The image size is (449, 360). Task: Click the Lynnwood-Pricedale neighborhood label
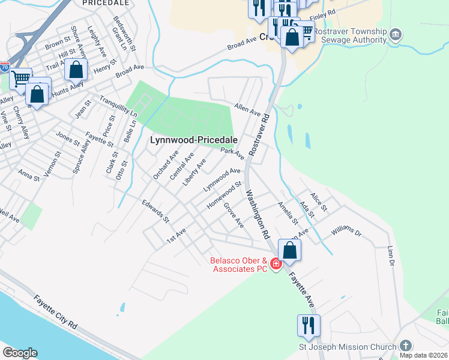tap(193, 139)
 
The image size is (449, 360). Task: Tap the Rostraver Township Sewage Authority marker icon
tap(396, 32)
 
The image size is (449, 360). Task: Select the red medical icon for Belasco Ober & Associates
tap(276, 263)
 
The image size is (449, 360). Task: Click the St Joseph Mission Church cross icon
tap(406, 346)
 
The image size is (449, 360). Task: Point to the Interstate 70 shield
tap(4, 67)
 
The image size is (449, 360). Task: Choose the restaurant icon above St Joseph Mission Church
tap(309, 325)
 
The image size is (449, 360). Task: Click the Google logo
tap(20, 353)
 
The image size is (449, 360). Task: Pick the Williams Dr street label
tap(346, 232)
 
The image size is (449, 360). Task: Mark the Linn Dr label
tap(390, 256)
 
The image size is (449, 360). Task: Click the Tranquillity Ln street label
tap(118, 106)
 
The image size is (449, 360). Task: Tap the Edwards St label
tap(155, 211)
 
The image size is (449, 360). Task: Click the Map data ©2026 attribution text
tap(423, 355)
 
